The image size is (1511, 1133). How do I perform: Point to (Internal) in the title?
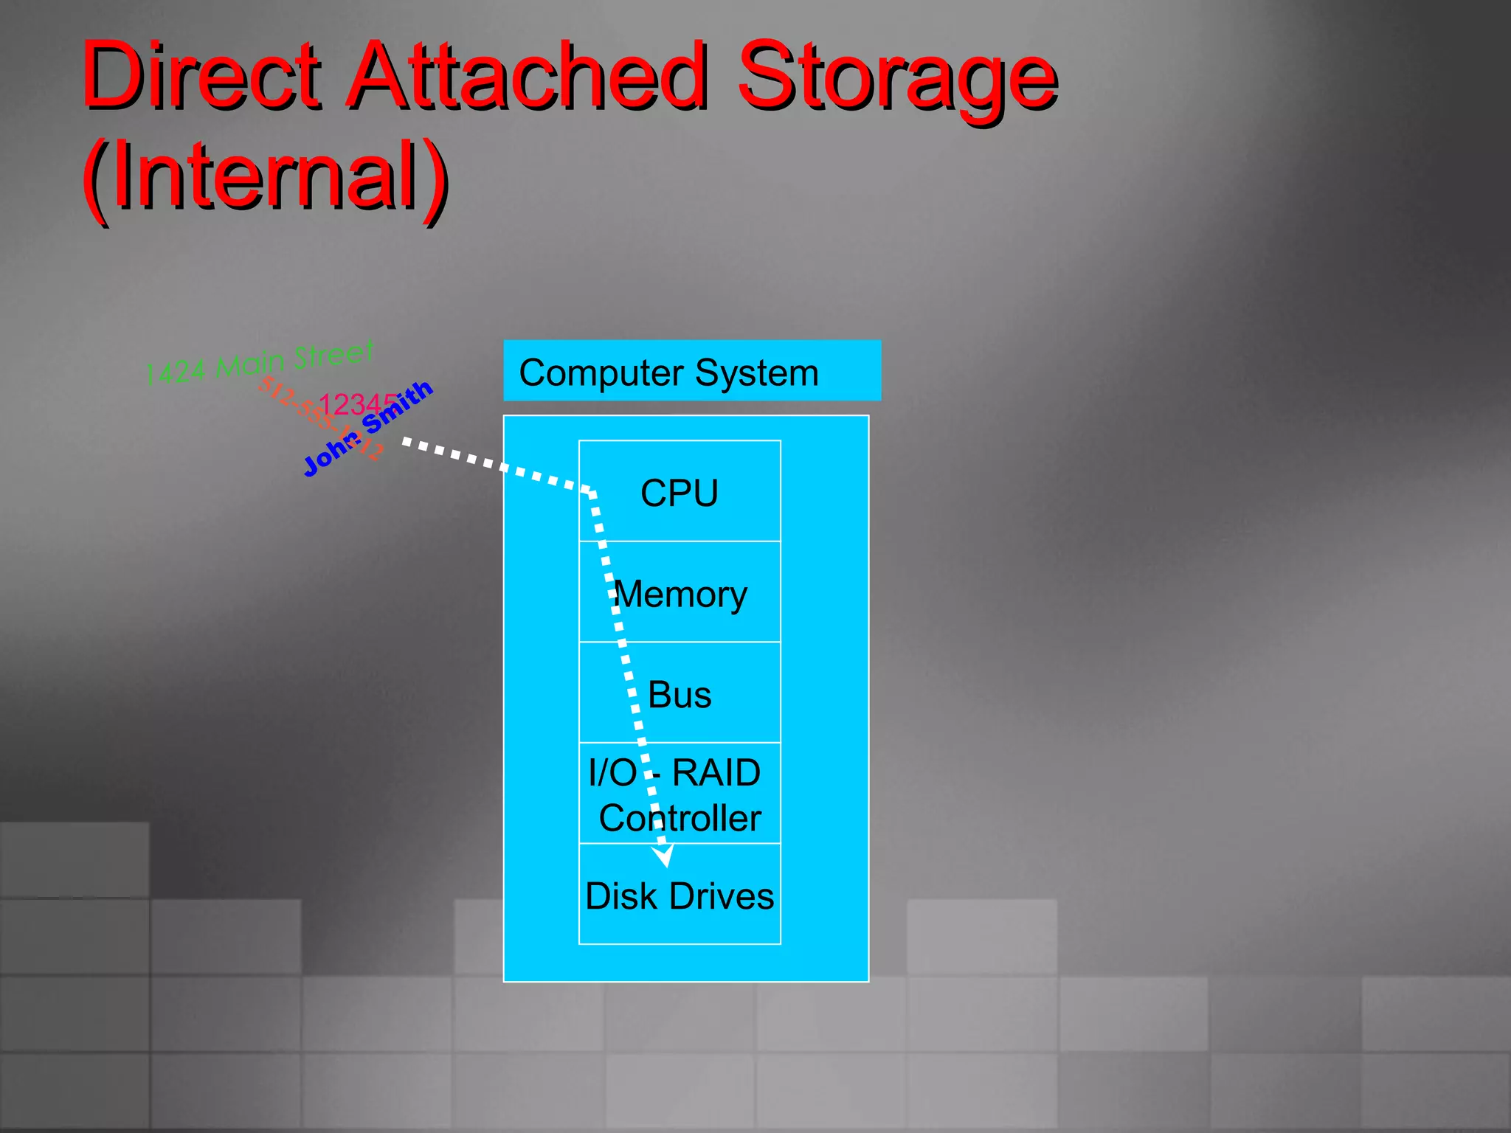tap(265, 177)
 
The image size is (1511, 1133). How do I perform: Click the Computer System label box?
tap(691, 370)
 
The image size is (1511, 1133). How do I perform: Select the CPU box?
tap(680, 491)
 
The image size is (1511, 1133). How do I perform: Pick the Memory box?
tap(680, 592)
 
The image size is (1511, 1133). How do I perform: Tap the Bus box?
tap(680, 693)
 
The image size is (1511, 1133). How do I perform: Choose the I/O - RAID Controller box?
tap(680, 794)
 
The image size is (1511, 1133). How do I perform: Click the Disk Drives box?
tap(680, 894)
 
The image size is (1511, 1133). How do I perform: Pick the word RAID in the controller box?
tap(716, 773)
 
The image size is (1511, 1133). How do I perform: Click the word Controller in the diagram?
tap(680, 818)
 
